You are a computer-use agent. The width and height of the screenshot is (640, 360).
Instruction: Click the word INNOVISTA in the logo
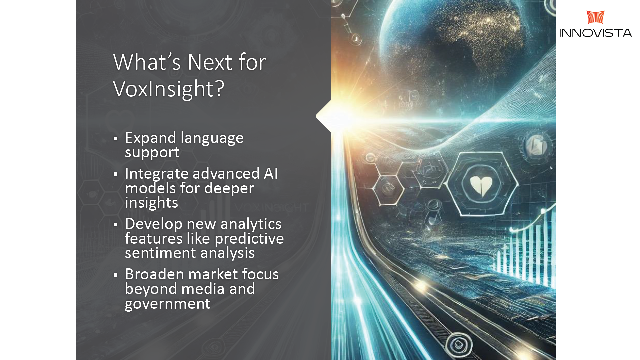(x=595, y=33)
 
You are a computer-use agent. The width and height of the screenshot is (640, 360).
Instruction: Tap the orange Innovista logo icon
(x=595, y=17)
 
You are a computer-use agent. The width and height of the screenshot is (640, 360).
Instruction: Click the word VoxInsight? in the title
(x=169, y=89)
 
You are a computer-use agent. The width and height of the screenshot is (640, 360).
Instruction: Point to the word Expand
(x=150, y=138)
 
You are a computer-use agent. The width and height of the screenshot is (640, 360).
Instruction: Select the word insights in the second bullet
(x=151, y=203)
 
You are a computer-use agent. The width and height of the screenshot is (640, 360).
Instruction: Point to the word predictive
(x=249, y=239)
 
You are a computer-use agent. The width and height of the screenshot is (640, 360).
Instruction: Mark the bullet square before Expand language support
(x=115, y=139)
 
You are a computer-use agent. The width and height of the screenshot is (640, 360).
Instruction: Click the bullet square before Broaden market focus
(x=115, y=275)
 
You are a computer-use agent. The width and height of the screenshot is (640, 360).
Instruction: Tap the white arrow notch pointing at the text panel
(x=324, y=116)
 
